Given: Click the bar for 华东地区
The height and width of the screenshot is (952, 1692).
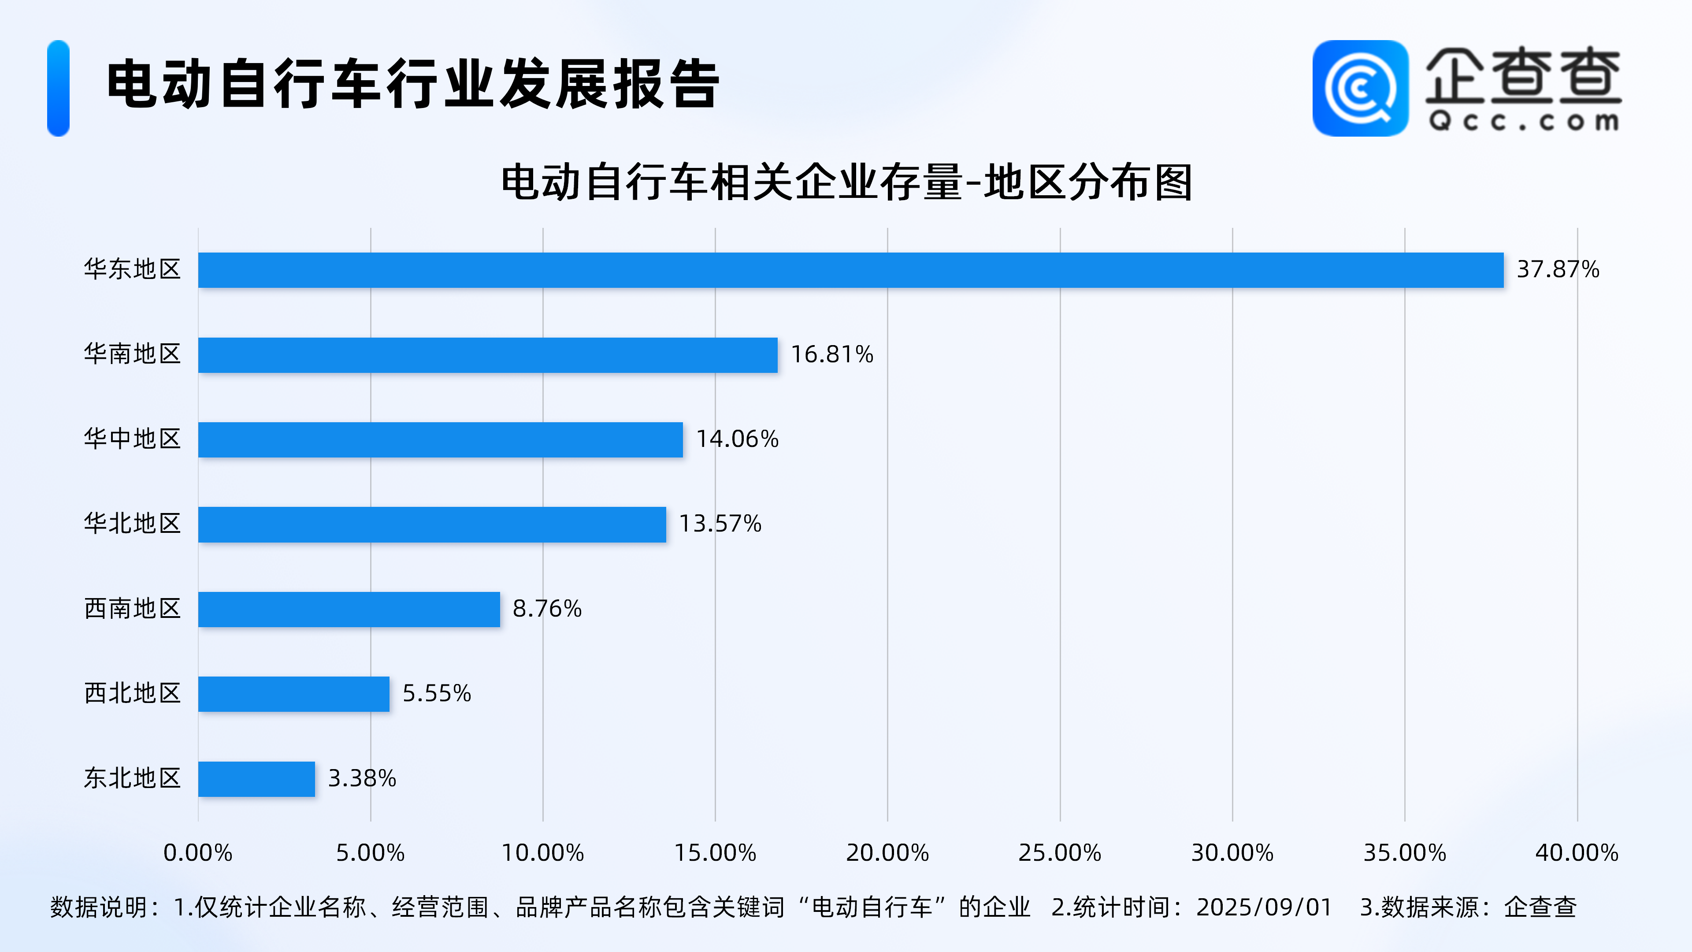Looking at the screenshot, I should [850, 270].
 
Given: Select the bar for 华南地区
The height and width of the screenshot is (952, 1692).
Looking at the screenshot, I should [487, 355].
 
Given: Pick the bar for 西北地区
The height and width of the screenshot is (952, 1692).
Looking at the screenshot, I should [293, 694].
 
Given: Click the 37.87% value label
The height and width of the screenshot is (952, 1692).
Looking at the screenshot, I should [1557, 269].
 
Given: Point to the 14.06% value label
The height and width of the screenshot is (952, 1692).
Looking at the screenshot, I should [737, 439].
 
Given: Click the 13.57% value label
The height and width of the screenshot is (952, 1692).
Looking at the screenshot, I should [720, 524].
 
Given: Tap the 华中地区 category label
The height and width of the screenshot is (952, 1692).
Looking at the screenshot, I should [132, 439].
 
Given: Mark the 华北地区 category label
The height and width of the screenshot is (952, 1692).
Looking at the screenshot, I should [132, 524].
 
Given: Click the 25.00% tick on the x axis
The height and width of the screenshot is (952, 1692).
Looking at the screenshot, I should [1059, 853].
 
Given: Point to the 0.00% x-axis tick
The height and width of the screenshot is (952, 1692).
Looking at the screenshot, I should [198, 853].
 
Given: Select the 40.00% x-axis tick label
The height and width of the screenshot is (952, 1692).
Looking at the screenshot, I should [1577, 853].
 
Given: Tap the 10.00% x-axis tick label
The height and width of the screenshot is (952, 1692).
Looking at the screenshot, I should [542, 853].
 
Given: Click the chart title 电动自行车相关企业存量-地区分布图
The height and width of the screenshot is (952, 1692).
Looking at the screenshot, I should [846, 182].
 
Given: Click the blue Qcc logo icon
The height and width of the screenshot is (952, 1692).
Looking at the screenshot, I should [1360, 88].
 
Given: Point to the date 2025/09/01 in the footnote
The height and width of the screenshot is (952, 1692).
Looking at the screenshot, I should [1264, 907].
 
